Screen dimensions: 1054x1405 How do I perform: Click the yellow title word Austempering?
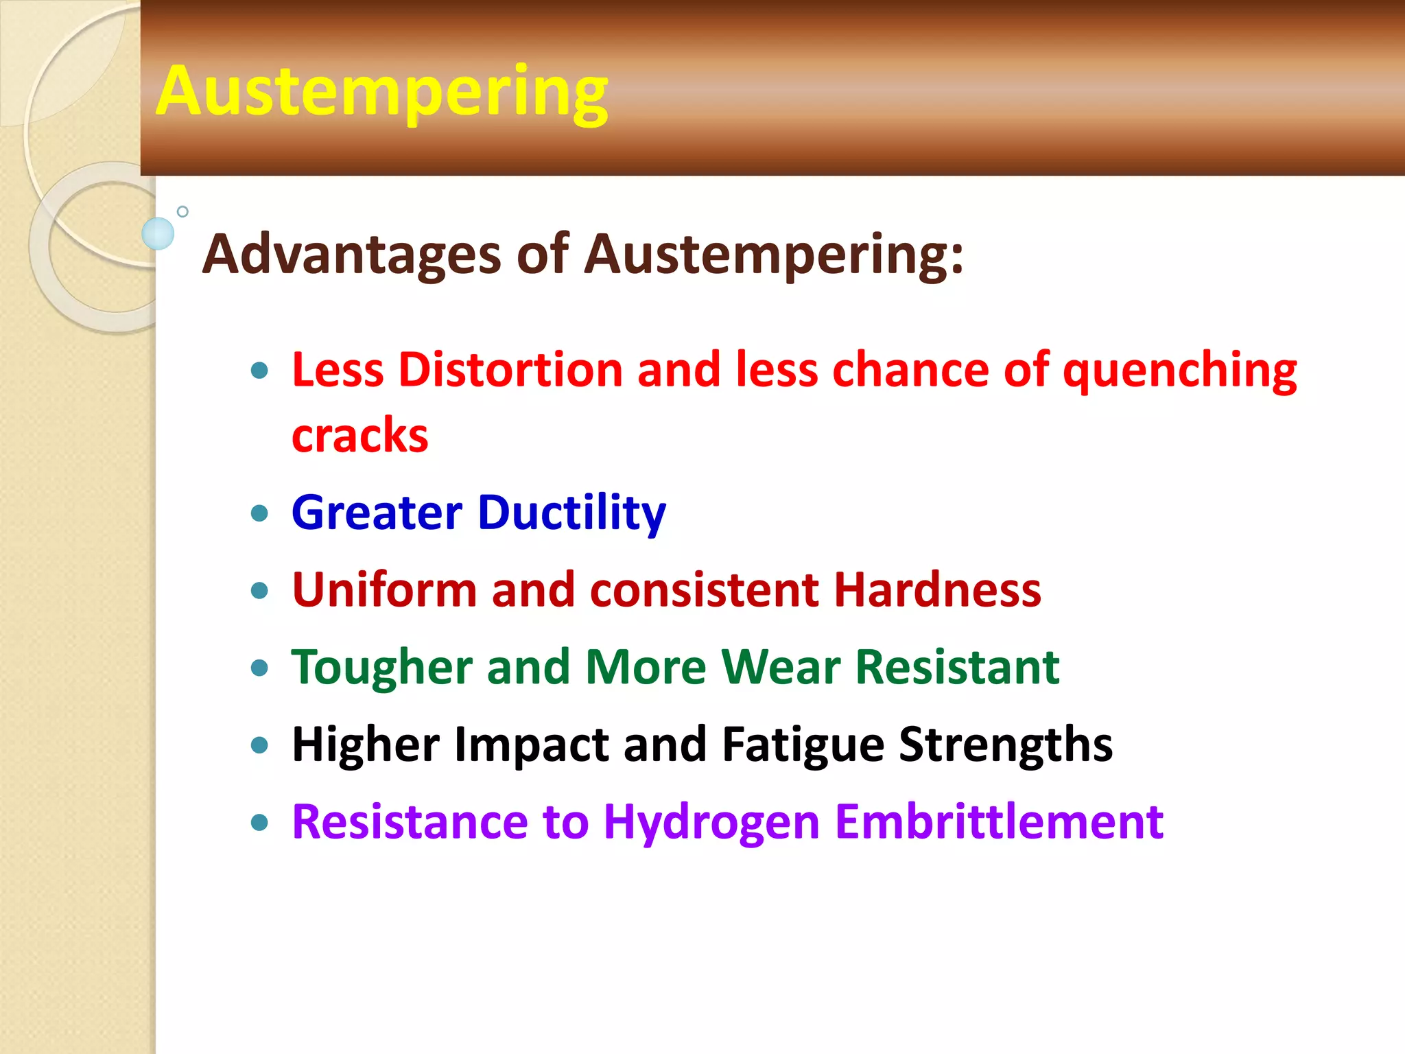coord(381,93)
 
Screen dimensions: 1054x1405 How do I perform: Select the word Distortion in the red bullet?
coord(510,370)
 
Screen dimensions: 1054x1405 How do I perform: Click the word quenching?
coord(1180,371)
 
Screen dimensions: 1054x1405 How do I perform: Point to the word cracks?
coord(359,436)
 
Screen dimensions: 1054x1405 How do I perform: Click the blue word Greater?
coord(377,513)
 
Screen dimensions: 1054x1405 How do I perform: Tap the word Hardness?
coord(936,590)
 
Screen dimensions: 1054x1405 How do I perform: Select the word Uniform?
coord(384,590)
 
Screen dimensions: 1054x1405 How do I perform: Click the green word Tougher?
coord(381,668)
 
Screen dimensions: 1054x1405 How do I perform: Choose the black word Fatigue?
coord(803,745)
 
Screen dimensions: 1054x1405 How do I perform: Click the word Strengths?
coord(1005,745)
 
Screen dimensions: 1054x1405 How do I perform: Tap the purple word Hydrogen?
coord(711,822)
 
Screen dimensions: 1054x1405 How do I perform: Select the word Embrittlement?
coord(999,822)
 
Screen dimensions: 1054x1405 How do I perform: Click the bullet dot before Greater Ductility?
coord(259,513)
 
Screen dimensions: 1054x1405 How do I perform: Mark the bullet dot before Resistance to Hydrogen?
coord(259,822)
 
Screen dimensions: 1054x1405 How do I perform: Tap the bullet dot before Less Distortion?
coord(259,371)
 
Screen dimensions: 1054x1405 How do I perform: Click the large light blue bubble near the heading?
coord(158,233)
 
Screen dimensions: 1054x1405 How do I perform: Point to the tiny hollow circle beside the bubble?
coord(182,211)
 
